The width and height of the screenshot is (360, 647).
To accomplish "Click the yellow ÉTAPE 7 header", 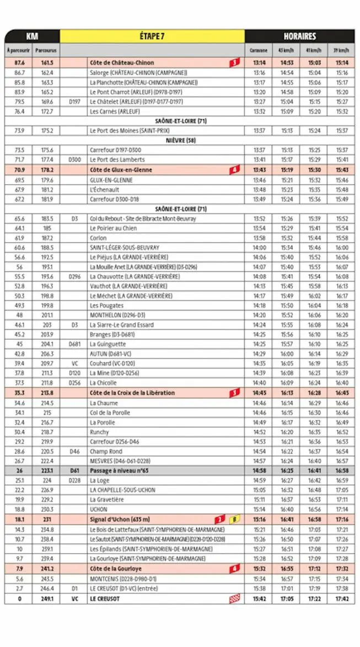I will click(152, 36).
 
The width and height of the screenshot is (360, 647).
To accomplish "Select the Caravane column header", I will click(259, 51).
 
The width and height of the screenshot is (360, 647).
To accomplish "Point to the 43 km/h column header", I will click(286, 51).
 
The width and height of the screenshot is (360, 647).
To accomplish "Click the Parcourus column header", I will click(46, 51).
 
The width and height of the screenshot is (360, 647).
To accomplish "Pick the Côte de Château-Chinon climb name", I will click(122, 63).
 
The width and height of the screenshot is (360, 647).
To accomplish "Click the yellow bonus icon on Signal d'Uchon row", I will click(234, 519).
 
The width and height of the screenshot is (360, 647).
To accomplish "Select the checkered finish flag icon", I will click(234, 598).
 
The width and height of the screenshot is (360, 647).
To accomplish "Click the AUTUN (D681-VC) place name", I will click(110, 354).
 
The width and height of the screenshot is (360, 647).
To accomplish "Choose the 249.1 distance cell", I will click(46, 598).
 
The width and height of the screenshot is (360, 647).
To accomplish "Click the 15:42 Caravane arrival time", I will click(259, 598).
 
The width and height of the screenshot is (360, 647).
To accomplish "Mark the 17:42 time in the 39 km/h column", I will click(341, 598).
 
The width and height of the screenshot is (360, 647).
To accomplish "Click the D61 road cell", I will click(74, 470).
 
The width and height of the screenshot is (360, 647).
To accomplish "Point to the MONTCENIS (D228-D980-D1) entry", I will click(123, 579).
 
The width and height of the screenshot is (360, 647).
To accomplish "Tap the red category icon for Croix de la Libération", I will click(234, 393).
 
